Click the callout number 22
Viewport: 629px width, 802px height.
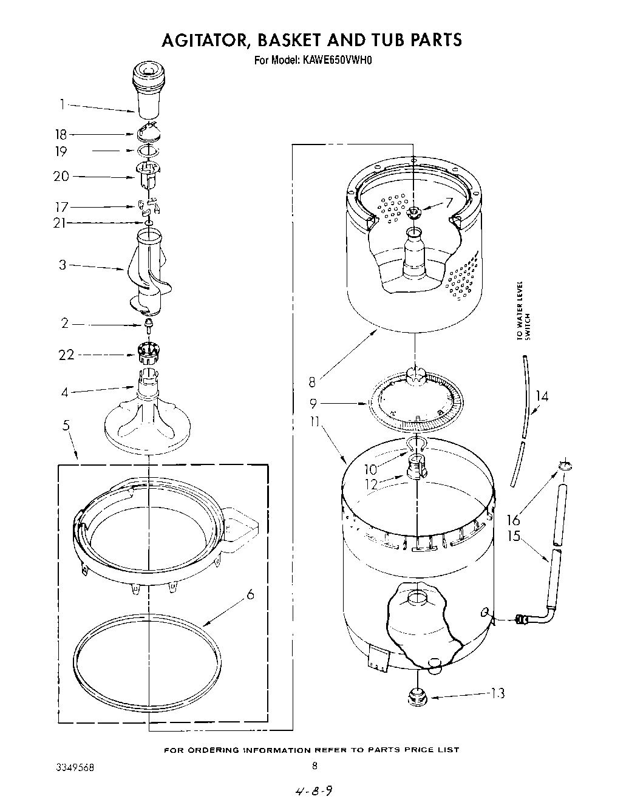coord(66,355)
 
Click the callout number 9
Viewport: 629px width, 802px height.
coord(313,403)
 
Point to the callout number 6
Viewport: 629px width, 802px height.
coord(250,596)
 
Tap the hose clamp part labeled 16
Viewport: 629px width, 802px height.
coord(564,466)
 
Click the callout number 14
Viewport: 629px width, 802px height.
coord(542,396)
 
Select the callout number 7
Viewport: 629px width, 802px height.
coord(449,203)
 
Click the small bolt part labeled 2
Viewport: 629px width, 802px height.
coord(148,325)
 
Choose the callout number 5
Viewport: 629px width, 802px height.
coord(66,426)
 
